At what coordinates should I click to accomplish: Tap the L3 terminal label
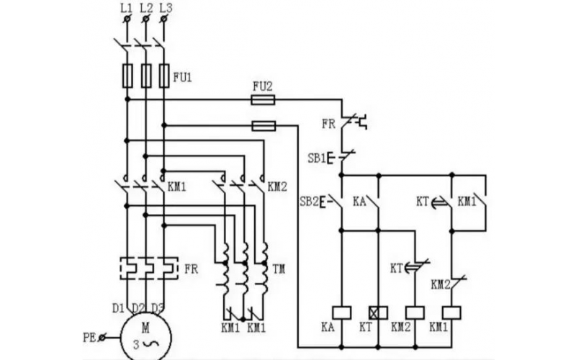165,7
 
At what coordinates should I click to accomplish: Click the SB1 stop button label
318,158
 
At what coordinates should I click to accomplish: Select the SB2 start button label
309,201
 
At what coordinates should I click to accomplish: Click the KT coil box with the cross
378,312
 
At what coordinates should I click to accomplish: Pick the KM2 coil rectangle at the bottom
415,312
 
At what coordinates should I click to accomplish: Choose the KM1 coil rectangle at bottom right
451,312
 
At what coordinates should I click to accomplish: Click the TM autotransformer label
279,269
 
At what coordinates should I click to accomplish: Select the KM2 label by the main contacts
277,186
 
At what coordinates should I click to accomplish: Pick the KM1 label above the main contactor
176,186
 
